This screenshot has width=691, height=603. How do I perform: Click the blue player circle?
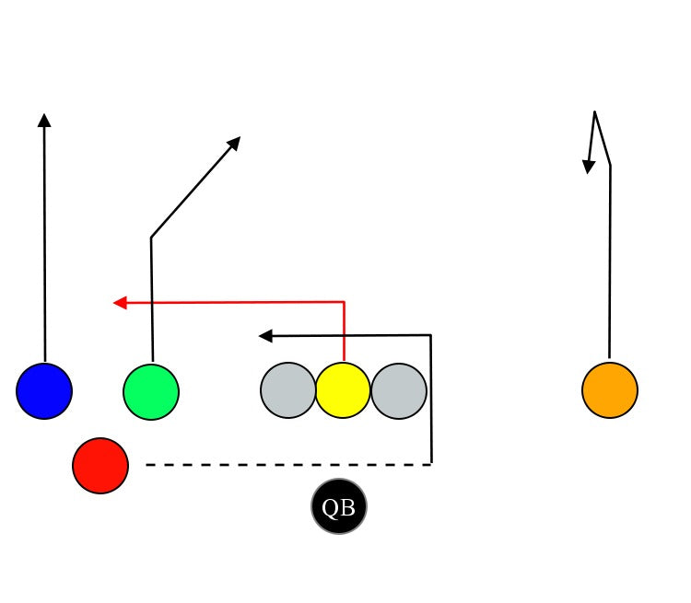pos(44,391)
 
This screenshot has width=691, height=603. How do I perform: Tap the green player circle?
pos(151,392)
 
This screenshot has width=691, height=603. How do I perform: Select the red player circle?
pos(100,466)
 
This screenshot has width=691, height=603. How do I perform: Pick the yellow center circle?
pos(343,390)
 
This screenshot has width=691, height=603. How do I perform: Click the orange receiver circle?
pos(610,390)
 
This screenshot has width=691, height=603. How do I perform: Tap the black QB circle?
pos(339,507)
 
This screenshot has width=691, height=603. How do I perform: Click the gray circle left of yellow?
pos(288,390)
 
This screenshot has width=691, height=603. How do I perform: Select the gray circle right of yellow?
pos(399,390)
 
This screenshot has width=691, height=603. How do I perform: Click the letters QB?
pos(339,508)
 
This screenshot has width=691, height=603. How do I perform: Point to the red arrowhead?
pos(119,302)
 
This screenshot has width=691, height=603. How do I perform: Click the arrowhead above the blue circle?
pos(44,120)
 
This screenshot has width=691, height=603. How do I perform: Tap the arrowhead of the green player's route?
pos(235,142)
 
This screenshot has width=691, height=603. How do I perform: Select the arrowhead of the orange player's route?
pos(588,167)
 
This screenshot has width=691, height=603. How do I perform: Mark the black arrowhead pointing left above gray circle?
pos(265,336)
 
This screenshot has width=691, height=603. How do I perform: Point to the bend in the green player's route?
pos(151,238)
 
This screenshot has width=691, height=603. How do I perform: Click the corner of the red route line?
pos(344,302)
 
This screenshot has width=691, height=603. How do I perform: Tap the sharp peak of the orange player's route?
pos(595,112)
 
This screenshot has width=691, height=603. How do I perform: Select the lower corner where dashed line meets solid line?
pos(431,464)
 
